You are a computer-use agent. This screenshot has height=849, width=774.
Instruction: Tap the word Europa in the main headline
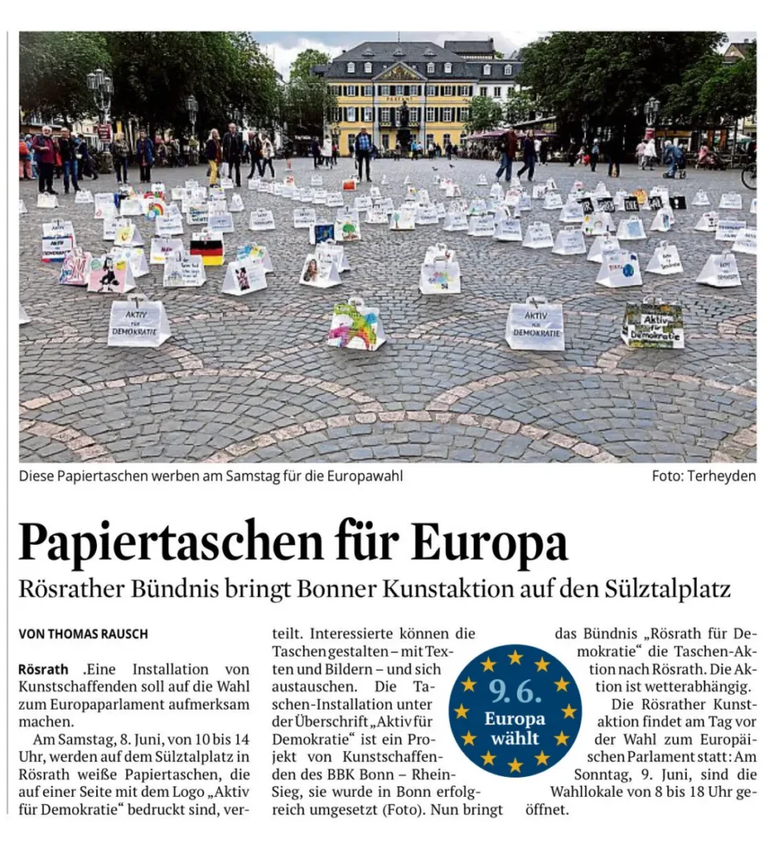[489, 543]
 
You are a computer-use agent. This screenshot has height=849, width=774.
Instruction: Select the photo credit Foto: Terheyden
[703, 476]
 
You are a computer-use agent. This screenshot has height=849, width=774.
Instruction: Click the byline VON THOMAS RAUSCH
[83, 633]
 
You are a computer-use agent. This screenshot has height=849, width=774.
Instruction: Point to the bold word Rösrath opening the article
[43, 668]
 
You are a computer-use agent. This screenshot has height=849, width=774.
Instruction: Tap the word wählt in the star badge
[514, 737]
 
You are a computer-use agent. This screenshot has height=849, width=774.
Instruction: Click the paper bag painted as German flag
[207, 248]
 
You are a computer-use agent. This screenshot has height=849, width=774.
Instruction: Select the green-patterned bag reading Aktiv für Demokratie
[653, 324]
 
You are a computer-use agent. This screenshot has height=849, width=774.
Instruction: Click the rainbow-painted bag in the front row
[356, 323]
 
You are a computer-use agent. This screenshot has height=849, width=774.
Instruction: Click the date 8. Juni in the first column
[129, 739]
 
